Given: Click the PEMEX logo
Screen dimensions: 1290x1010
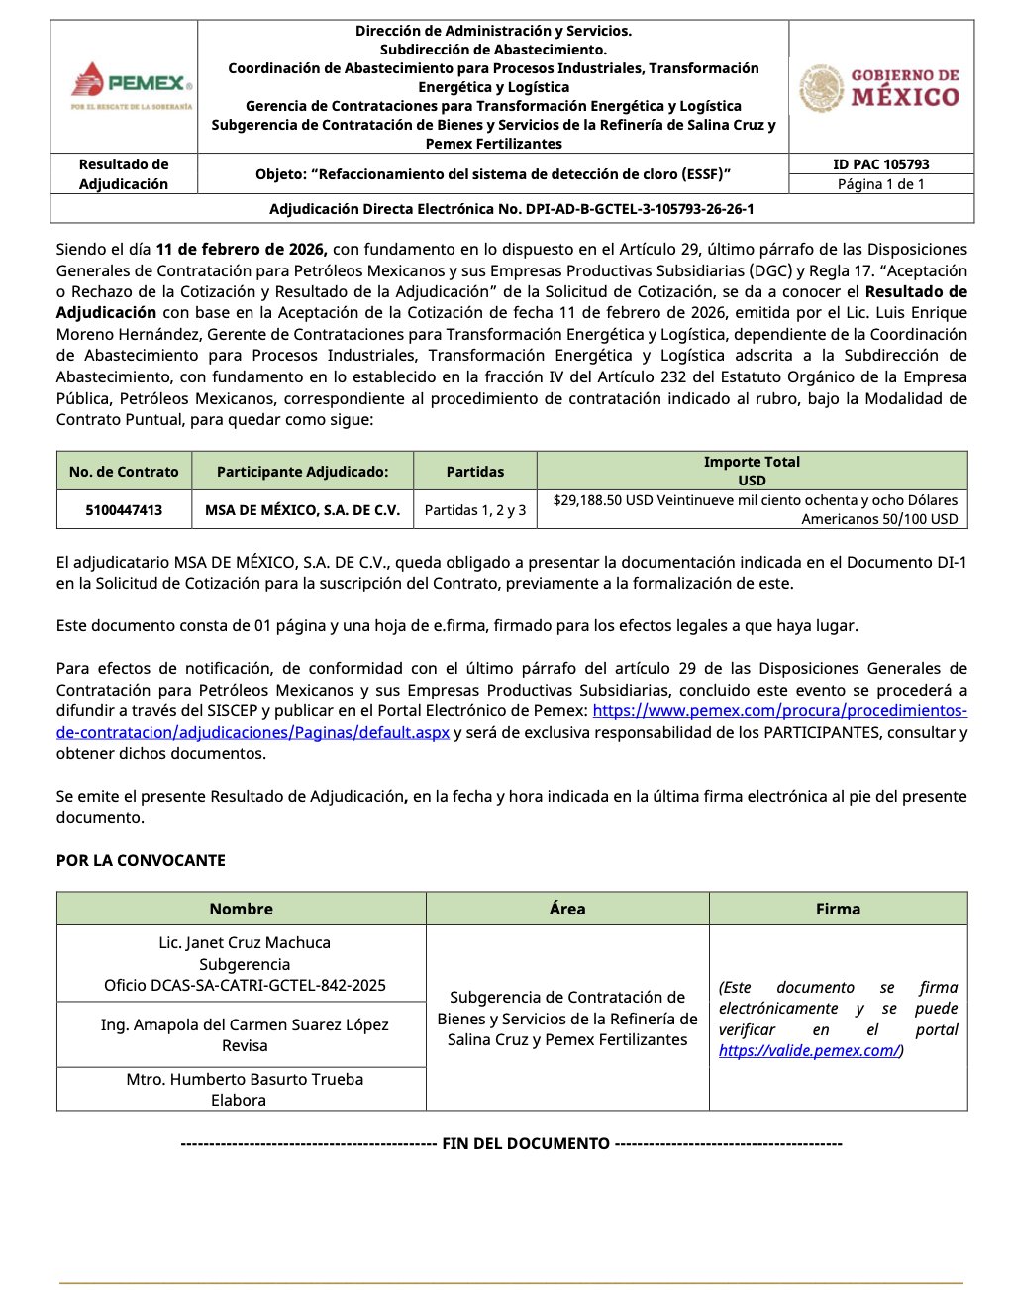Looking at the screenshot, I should tap(132, 85).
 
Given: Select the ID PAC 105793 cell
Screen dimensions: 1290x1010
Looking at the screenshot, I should tap(880, 164).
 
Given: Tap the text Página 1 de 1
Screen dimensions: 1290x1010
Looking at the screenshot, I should tap(880, 184).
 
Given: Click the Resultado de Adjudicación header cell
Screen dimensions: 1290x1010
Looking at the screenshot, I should tap(124, 174).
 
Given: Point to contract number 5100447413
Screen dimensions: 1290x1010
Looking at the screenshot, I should tap(124, 510).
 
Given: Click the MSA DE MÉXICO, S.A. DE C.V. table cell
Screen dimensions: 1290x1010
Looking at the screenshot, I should tap(302, 510).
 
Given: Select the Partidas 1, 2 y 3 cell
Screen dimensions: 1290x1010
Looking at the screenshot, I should tap(475, 510).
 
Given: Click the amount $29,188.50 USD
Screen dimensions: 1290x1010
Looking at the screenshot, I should tap(601, 500).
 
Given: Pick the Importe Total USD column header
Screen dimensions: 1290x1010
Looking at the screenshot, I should tap(752, 471).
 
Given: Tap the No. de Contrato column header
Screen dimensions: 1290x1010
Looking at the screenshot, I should tap(124, 472).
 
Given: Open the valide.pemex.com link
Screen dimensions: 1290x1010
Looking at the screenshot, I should tap(809, 1051).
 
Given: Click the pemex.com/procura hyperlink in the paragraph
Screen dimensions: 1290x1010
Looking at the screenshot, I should tap(779, 711).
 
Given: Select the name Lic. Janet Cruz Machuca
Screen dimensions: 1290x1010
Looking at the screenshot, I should tap(245, 943).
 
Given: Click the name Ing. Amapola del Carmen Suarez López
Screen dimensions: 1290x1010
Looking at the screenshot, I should tap(245, 1024).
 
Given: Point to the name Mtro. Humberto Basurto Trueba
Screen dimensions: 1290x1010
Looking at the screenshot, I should tap(245, 1079).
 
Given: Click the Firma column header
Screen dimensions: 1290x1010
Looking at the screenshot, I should tap(838, 909).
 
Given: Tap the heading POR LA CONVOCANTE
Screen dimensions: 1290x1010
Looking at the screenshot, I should tap(141, 860).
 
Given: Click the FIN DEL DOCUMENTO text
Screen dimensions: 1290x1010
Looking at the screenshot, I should tap(525, 1143).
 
